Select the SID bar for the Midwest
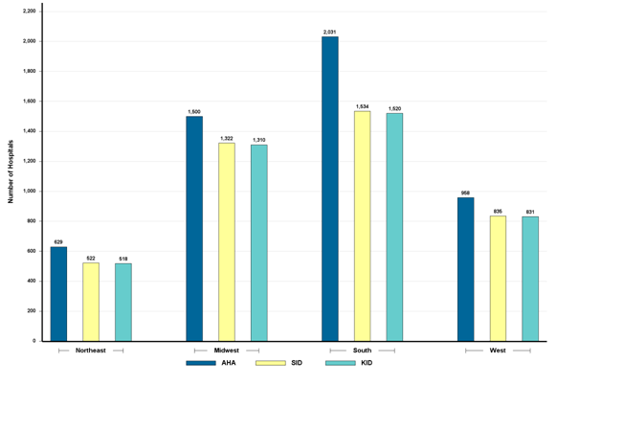point(227,241)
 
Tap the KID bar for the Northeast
point(123,302)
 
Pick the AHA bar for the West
point(466,269)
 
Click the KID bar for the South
point(394,227)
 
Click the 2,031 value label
point(330,32)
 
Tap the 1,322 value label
point(227,138)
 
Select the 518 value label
point(123,259)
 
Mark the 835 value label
point(498,211)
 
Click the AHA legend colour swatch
point(201,363)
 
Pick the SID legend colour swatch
point(271,363)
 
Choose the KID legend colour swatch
point(341,363)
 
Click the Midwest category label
point(227,351)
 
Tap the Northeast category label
point(91,351)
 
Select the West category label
point(498,351)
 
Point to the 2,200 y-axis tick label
point(29,11)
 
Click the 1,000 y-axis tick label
point(29,191)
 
